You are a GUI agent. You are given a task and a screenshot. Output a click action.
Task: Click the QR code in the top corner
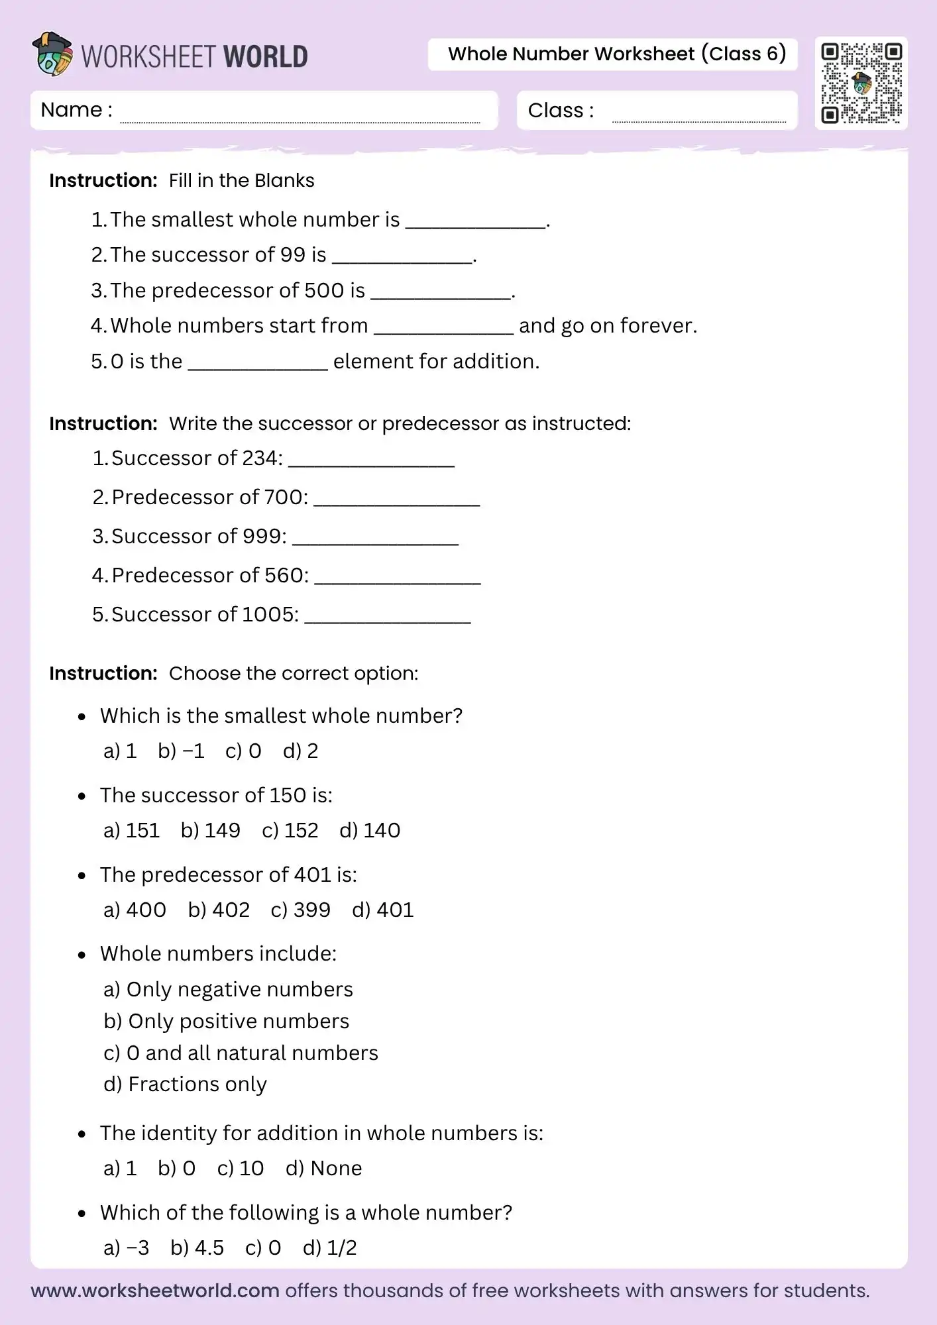pyautogui.click(x=861, y=83)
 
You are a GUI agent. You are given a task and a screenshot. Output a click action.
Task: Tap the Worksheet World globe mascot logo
pyautogui.click(x=52, y=54)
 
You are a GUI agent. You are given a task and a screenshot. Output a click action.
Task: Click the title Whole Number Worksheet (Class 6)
pyautogui.click(x=616, y=54)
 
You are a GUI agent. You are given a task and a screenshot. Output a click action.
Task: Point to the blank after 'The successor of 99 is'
pyautogui.click(x=402, y=257)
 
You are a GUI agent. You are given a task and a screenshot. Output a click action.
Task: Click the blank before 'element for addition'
pyautogui.click(x=258, y=364)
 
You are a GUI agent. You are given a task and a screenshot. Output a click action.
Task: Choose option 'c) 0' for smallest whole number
pyautogui.click(x=243, y=751)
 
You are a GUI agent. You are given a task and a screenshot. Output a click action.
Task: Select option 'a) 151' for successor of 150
pyautogui.click(x=132, y=830)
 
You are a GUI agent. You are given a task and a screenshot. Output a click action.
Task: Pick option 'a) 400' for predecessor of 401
pyautogui.click(x=135, y=910)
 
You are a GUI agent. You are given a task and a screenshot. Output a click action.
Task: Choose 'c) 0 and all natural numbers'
pyautogui.click(x=241, y=1053)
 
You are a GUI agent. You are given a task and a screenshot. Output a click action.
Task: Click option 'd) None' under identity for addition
pyautogui.click(x=323, y=1168)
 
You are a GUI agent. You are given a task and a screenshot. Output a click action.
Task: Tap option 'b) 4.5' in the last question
pyautogui.click(x=197, y=1247)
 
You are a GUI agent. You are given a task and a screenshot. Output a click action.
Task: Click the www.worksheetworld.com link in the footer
pyautogui.click(x=155, y=1291)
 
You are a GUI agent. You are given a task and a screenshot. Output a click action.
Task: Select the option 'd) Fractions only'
pyautogui.click(x=185, y=1085)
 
